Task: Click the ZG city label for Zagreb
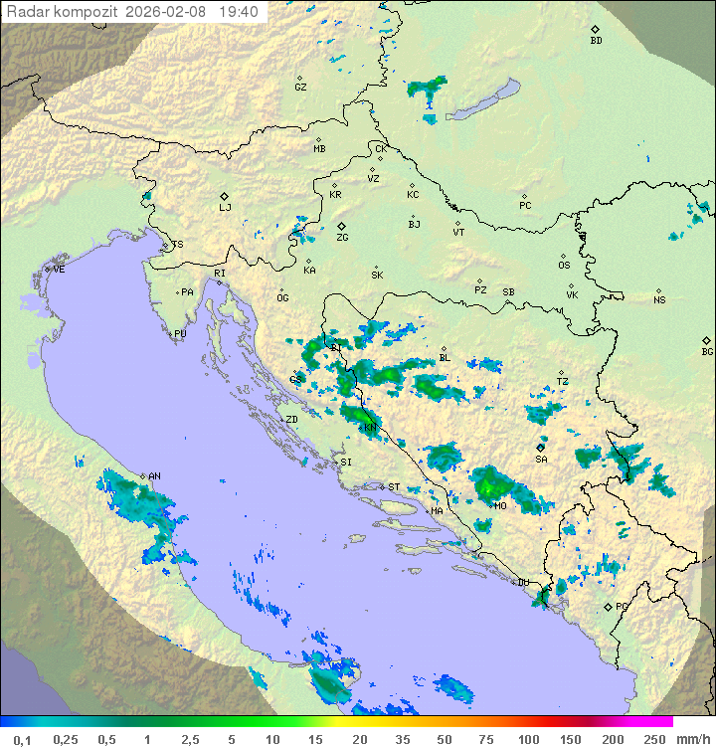point(342,238)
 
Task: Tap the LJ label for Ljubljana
point(225,207)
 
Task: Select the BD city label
point(596,41)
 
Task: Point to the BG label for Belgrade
point(707,351)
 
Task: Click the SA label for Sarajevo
point(541,460)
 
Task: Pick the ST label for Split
point(394,487)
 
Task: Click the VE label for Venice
point(59,270)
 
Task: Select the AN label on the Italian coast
point(154,476)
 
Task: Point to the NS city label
point(659,300)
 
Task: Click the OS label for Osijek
point(564,266)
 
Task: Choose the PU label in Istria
point(180,334)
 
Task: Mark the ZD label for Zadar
point(291,420)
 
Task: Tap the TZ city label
point(563,382)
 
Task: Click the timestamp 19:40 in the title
point(239,12)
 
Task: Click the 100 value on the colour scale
point(528,739)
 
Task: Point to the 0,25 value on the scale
point(66,739)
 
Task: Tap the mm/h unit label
point(692,739)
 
